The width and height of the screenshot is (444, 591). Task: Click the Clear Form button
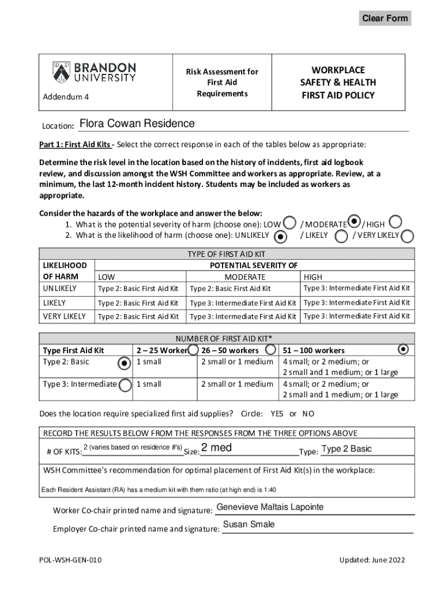pos(385,18)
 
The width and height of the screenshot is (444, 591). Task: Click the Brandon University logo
pos(95,72)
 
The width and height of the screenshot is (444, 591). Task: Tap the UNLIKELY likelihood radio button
pos(280,235)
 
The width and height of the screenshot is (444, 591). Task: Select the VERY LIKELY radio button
pos(407,235)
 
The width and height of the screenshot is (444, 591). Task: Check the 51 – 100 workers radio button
pos(404,349)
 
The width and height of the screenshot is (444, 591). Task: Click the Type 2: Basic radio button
pos(123,362)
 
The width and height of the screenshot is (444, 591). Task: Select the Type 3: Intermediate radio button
pos(125,384)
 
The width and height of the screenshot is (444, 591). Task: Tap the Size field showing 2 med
pos(248,450)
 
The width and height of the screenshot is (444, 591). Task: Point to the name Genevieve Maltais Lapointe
pos(269,507)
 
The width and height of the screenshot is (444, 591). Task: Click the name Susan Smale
pos(249,525)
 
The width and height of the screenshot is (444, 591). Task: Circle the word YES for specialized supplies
pos(277,414)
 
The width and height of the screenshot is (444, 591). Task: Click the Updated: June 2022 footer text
pos(372,560)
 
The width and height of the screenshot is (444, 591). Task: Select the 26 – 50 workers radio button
pos(270,350)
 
